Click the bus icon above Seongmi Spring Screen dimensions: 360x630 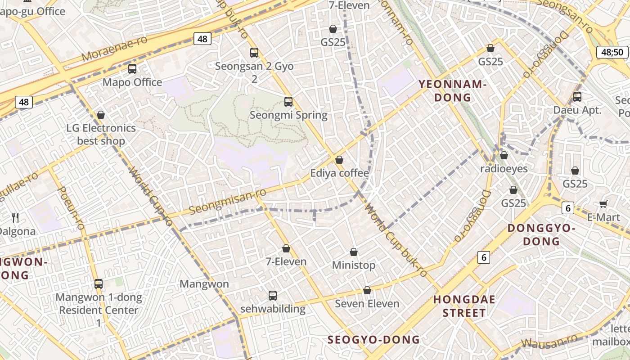[288, 102]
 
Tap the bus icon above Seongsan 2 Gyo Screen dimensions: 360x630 [254, 53]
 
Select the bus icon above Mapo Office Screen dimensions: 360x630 [132, 69]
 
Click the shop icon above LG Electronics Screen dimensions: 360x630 [101, 115]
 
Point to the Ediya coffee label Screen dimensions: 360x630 [339, 173]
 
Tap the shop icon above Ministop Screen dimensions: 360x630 [354, 252]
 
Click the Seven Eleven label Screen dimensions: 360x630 [367, 304]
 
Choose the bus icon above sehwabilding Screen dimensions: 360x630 [273, 296]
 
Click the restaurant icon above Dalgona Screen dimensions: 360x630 [16, 218]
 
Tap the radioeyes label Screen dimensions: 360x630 [504, 169]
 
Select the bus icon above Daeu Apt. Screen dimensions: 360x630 [577, 96]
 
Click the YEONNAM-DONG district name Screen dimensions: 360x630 [452, 90]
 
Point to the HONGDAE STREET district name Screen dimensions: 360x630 [464, 306]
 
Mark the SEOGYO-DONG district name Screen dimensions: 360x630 [373, 340]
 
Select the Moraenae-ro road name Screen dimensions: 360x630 [115, 49]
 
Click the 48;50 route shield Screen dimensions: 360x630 [612, 52]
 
